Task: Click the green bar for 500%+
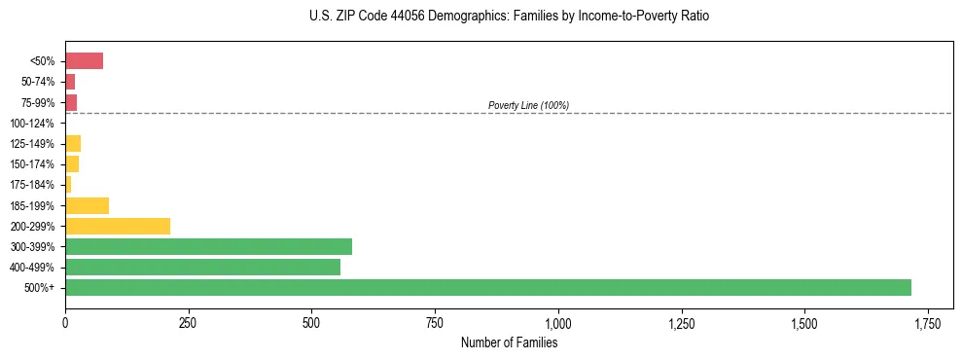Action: [487, 287]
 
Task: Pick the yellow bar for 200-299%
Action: [118, 226]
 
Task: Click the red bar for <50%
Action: [84, 61]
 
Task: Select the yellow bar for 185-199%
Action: [87, 205]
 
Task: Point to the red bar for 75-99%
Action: [71, 102]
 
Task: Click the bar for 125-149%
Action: [73, 144]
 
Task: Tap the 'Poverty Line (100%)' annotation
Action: [528, 105]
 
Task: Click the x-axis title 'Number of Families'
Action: [509, 342]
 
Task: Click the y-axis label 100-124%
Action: [33, 124]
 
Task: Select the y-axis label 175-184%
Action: [33, 185]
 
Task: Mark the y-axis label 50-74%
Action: [36, 82]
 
